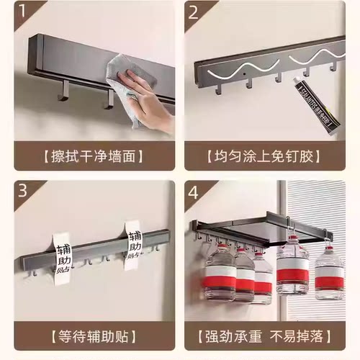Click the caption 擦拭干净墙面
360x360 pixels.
click(91, 156)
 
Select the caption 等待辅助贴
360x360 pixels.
click(91, 336)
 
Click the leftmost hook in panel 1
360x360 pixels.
click(63, 90)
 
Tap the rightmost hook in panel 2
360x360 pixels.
click(333, 66)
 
